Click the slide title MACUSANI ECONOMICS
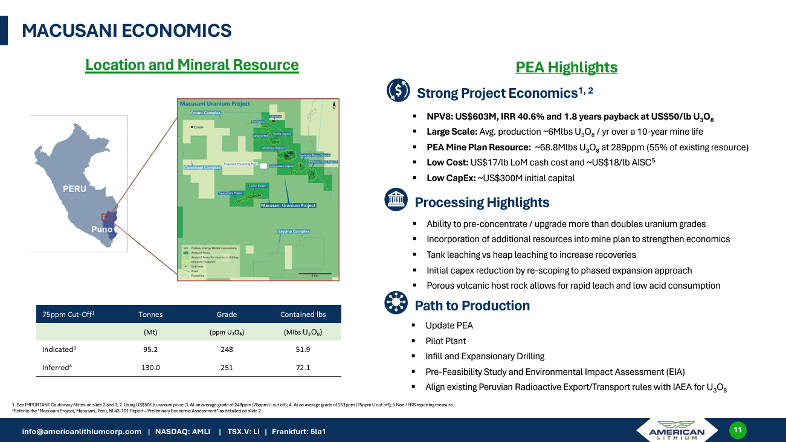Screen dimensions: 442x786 (x=126, y=31)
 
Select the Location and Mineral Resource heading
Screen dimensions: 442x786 (x=192, y=65)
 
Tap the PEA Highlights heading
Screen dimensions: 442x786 (x=566, y=67)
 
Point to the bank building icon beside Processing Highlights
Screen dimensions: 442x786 (x=396, y=200)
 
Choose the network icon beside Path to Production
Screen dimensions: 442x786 (x=396, y=304)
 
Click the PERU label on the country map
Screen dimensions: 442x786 (x=74, y=188)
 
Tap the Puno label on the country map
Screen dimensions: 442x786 (x=101, y=229)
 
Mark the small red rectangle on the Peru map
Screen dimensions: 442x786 (x=107, y=217)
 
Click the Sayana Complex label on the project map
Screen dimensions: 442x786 (x=294, y=231)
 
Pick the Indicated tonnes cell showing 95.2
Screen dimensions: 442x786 (x=150, y=350)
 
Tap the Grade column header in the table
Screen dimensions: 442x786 (x=227, y=314)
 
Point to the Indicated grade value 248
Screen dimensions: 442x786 (x=227, y=350)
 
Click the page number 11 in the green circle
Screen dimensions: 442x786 (x=737, y=430)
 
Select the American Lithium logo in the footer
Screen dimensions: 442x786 (x=676, y=430)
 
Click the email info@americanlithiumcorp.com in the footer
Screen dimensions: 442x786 (x=82, y=432)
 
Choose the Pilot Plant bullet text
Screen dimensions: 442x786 (x=445, y=341)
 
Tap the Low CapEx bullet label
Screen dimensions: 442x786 (x=451, y=178)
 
